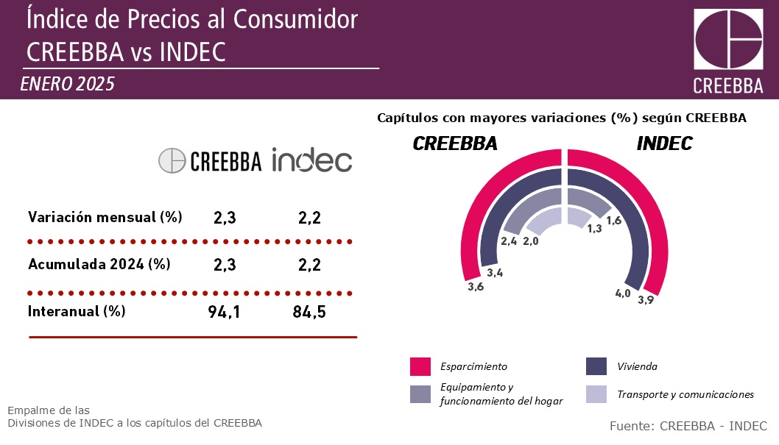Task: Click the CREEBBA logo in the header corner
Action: (x=728, y=51)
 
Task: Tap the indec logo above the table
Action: (x=311, y=160)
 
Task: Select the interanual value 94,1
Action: (x=224, y=312)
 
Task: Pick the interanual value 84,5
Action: (x=309, y=312)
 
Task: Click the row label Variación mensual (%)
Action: (x=105, y=217)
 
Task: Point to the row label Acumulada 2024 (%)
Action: (x=99, y=264)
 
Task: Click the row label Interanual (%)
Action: (x=77, y=311)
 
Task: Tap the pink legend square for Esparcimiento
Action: (x=420, y=366)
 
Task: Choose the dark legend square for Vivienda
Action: (x=596, y=366)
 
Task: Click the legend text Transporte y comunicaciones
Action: (x=685, y=394)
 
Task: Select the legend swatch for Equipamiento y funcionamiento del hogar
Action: (x=420, y=394)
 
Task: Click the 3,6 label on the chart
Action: (x=476, y=287)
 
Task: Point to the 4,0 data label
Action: (x=623, y=293)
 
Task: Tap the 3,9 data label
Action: (x=646, y=299)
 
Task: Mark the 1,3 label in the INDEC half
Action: (x=594, y=229)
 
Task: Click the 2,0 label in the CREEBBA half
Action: (x=531, y=241)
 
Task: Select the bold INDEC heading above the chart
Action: (x=665, y=143)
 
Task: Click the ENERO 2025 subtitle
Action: (x=68, y=84)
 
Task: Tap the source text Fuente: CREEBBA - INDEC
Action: (x=688, y=426)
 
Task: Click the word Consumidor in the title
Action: (x=295, y=19)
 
